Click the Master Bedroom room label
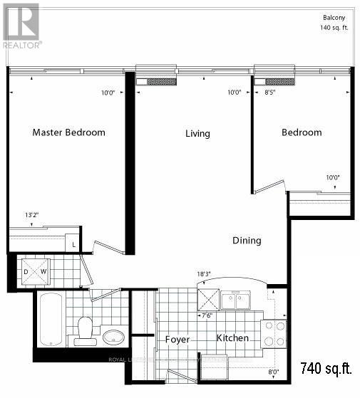tap(69, 132)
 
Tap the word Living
tap(197, 133)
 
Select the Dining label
tap(247, 241)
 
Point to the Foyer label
tap(178, 340)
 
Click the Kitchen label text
tap(232, 337)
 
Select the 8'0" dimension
tap(274, 372)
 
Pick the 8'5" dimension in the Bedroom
tap(270, 92)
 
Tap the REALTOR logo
tap(21, 26)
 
